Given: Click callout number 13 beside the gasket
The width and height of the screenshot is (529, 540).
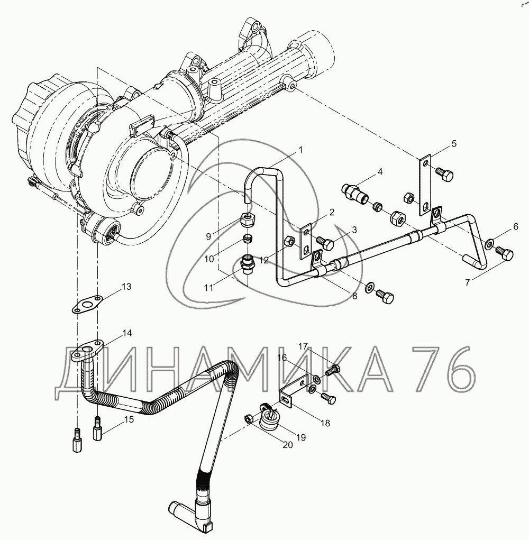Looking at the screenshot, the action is [x=126, y=287].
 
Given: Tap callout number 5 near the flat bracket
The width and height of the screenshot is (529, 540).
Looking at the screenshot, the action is [x=454, y=144].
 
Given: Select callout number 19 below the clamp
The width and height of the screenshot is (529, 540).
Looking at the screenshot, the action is [x=300, y=437].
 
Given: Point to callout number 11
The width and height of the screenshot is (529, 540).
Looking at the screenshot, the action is [x=209, y=287].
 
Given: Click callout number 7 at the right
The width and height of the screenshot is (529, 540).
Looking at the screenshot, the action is [x=467, y=282].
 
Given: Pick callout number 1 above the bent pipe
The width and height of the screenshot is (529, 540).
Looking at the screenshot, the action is [x=300, y=150].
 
